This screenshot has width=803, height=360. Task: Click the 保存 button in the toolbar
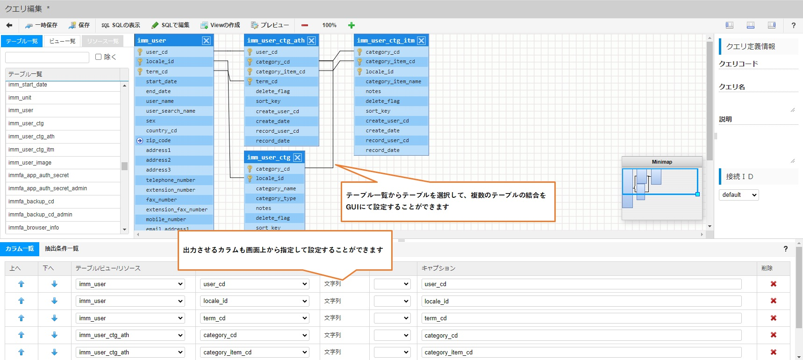click(x=79, y=25)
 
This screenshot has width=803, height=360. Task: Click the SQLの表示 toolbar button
click(x=121, y=25)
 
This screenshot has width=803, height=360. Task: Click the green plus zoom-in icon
click(x=351, y=25)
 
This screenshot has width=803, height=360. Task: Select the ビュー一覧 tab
click(x=62, y=41)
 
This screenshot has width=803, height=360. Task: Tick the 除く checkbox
click(x=99, y=57)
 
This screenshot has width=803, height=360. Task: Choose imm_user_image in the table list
click(x=30, y=163)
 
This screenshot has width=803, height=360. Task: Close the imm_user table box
click(x=206, y=41)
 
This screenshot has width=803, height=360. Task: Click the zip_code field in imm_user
click(x=158, y=140)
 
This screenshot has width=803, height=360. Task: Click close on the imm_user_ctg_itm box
click(x=421, y=41)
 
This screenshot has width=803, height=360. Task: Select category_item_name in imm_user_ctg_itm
click(x=393, y=81)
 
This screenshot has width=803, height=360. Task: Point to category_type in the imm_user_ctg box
click(x=276, y=198)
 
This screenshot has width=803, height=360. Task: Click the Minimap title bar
click(x=662, y=162)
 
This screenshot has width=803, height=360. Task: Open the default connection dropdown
click(x=738, y=195)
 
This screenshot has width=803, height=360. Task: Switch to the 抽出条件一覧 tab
click(x=62, y=249)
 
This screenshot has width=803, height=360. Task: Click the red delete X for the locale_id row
click(x=774, y=301)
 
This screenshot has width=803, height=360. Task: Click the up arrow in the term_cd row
click(x=21, y=318)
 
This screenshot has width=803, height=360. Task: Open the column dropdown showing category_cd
click(x=255, y=335)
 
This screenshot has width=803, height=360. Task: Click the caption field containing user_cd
click(x=581, y=284)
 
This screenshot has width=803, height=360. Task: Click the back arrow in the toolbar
click(x=9, y=25)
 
